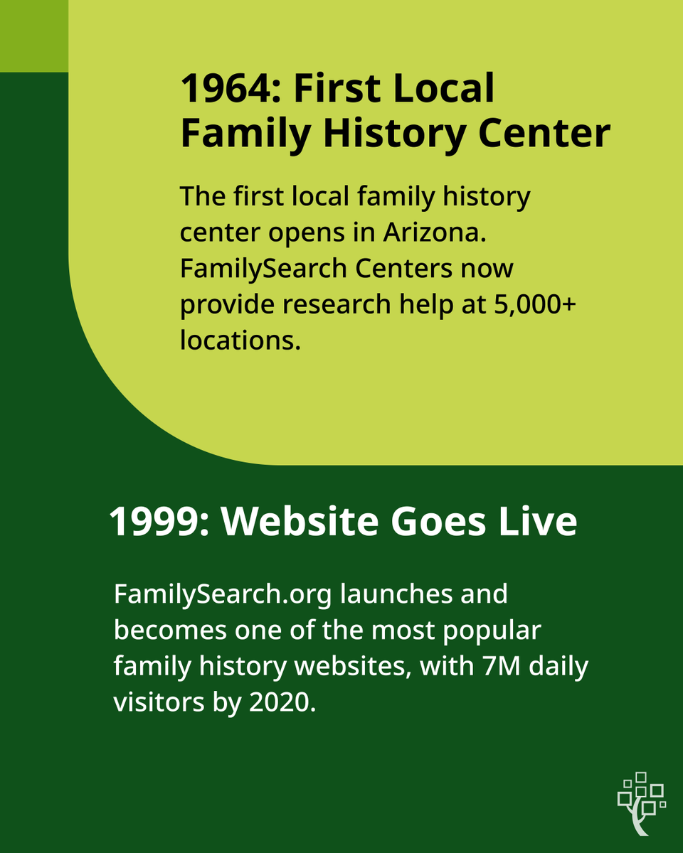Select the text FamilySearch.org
[222, 594]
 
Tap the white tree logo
[640, 803]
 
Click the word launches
[391, 594]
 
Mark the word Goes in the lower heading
[433, 522]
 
